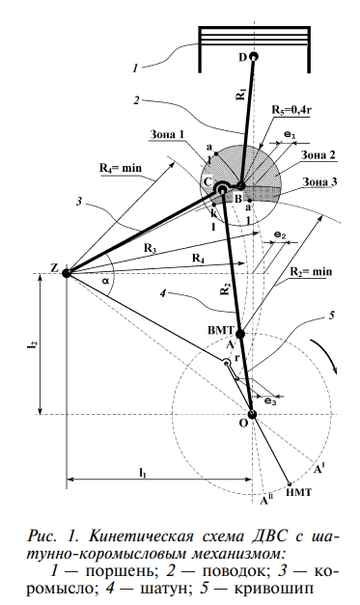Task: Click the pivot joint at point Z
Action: [x=67, y=273]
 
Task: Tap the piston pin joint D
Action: [x=254, y=56]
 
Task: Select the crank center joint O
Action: [x=252, y=414]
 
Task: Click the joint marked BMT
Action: [x=240, y=334]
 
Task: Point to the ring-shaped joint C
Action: [x=222, y=188]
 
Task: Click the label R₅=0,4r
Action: [x=291, y=110]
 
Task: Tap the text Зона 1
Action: [x=167, y=135]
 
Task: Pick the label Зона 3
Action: [x=319, y=181]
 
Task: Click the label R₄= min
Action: [x=121, y=168]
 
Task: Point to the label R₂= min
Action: [x=311, y=271]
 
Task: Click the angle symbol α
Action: [x=105, y=281]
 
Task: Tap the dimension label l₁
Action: [x=143, y=471]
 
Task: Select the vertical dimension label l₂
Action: [x=31, y=344]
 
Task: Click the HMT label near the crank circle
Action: [x=299, y=492]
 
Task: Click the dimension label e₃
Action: [x=270, y=401]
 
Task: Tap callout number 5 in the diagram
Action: [x=331, y=316]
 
